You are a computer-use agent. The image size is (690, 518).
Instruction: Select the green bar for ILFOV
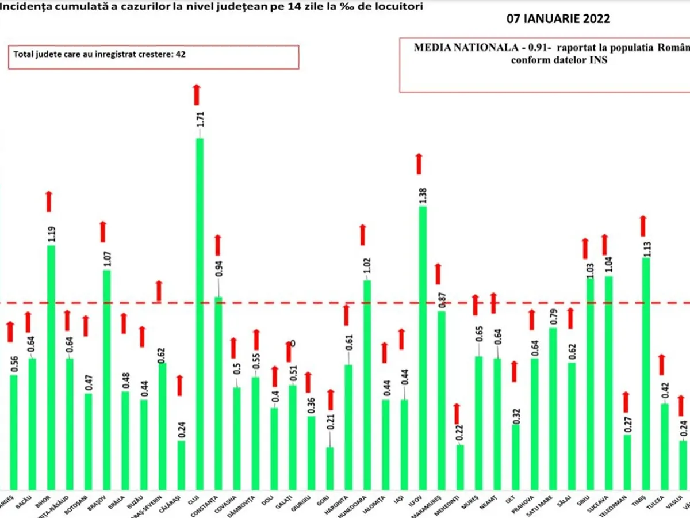pyautogui.click(x=422, y=345)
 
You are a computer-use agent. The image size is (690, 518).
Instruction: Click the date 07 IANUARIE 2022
pyautogui.click(x=558, y=18)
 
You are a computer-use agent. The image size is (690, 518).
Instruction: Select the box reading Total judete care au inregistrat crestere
pyautogui.click(x=154, y=56)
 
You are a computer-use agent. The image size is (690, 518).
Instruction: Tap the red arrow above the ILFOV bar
pyautogui.click(x=419, y=164)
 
